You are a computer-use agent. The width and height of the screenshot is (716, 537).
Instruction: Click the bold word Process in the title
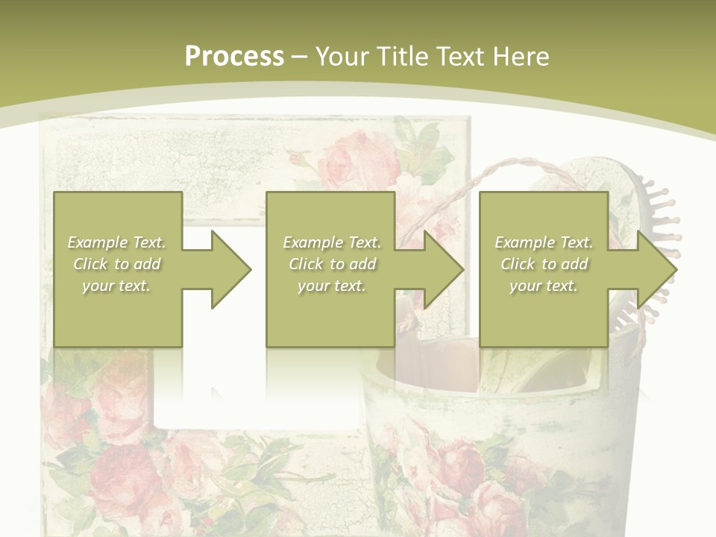pyautogui.click(x=234, y=57)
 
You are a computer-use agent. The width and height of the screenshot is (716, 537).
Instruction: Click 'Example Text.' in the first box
pyautogui.click(x=116, y=242)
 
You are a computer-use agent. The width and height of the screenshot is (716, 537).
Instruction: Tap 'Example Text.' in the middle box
pyautogui.click(x=332, y=242)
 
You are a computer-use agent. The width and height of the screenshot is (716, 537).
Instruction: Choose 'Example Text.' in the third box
pyautogui.click(x=544, y=242)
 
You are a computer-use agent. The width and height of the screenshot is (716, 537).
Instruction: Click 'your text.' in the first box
pyautogui.click(x=116, y=286)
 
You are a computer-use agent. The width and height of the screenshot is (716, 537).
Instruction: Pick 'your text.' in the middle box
pyautogui.click(x=332, y=286)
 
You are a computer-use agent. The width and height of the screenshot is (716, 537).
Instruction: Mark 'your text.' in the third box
pyautogui.click(x=544, y=286)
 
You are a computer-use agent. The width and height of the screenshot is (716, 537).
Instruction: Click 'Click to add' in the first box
pyautogui.click(x=116, y=264)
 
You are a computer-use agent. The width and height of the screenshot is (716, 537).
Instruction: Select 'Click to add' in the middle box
pyautogui.click(x=332, y=264)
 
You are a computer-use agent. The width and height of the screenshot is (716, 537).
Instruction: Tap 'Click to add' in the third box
pyautogui.click(x=544, y=264)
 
